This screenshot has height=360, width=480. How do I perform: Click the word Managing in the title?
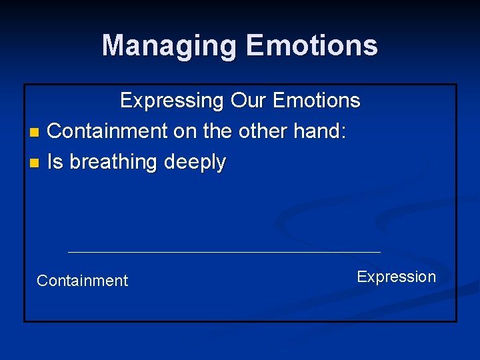170,46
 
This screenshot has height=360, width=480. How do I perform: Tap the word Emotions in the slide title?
311,46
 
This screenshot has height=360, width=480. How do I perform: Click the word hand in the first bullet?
317,131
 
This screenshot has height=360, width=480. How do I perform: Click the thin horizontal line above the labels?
224,252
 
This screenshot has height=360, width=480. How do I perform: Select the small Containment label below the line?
82,281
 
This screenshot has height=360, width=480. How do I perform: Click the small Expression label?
396,277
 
